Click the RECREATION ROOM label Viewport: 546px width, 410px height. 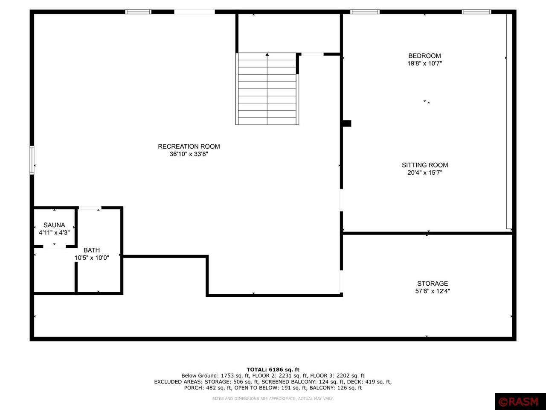pos(189,146)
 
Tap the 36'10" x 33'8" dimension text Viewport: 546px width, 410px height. pos(189,154)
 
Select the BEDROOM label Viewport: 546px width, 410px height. pos(424,56)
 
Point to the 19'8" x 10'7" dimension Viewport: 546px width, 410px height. pos(424,64)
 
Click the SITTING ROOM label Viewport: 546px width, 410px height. pos(425,165)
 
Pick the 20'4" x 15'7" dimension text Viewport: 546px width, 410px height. pos(425,173)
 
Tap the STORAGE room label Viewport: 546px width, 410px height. pos(433,284)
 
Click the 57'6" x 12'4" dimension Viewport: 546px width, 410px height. pos(433,291)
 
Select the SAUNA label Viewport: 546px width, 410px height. pos(54,225)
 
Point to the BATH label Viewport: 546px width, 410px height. pos(92,250)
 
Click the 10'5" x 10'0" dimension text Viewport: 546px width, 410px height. pos(92,258)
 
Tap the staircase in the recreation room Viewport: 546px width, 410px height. pos(267,89)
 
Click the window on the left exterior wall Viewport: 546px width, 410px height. pos(32,160)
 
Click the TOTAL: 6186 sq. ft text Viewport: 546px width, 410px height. pos(273,369)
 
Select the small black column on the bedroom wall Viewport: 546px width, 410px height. pos(346,123)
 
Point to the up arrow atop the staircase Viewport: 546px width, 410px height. pos(267,55)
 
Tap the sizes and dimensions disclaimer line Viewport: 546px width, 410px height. pos(273,398)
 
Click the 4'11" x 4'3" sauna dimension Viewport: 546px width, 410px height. pos(54,233)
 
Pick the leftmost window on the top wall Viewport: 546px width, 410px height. pos(138,12)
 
